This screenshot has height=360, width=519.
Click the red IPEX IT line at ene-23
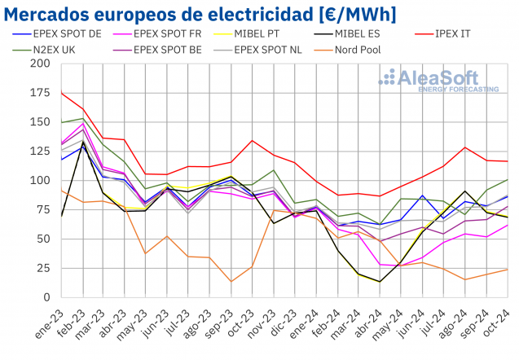pos(61,93)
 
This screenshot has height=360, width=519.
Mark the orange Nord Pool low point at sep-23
pos(231,282)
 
